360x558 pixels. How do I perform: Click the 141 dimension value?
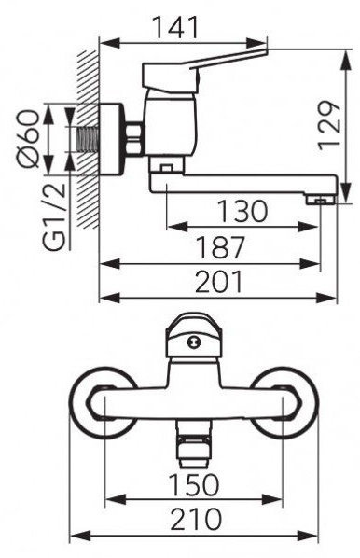pos(174,27)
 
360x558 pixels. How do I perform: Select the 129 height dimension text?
pos(329,126)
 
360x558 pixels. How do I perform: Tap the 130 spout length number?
pos(242,211)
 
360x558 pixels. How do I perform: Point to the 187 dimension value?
pos(221,247)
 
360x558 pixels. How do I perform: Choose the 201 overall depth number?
pos(219,282)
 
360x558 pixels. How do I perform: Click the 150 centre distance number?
pos(194,484)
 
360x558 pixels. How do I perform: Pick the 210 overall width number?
pos(196,519)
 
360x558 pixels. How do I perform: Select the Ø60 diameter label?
pos(29,139)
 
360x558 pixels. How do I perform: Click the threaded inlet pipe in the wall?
pos(88,140)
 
